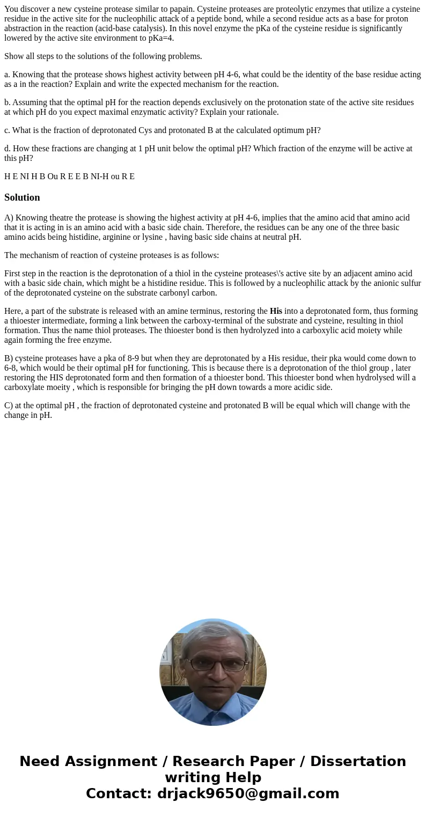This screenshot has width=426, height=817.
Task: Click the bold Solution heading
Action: coord(22,197)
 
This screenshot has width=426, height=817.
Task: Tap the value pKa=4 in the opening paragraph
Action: coord(158,38)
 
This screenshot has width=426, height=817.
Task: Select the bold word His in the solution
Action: coord(276,311)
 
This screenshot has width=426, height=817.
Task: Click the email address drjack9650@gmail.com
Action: coord(248,793)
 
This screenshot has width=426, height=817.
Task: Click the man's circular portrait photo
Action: coord(213,672)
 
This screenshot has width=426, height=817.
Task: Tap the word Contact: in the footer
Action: coord(119,793)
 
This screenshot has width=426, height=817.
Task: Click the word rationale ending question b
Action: coord(261,112)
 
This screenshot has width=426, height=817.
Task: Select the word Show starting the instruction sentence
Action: coord(13,56)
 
